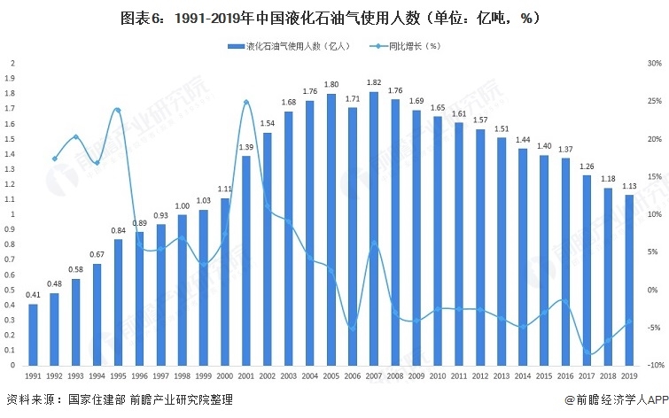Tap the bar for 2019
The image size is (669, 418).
coord(629,280)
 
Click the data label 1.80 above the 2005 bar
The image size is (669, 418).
coord(331,85)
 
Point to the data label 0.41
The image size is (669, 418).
coord(34,295)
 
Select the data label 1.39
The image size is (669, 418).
coord(246,147)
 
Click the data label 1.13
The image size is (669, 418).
coord(629,186)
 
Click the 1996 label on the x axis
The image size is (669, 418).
coord(140,376)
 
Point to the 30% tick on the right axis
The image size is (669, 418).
coord(654,64)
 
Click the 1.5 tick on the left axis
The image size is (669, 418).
coord(11,139)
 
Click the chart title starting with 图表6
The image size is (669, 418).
coord(334,17)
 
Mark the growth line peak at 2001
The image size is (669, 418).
coord(246,102)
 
